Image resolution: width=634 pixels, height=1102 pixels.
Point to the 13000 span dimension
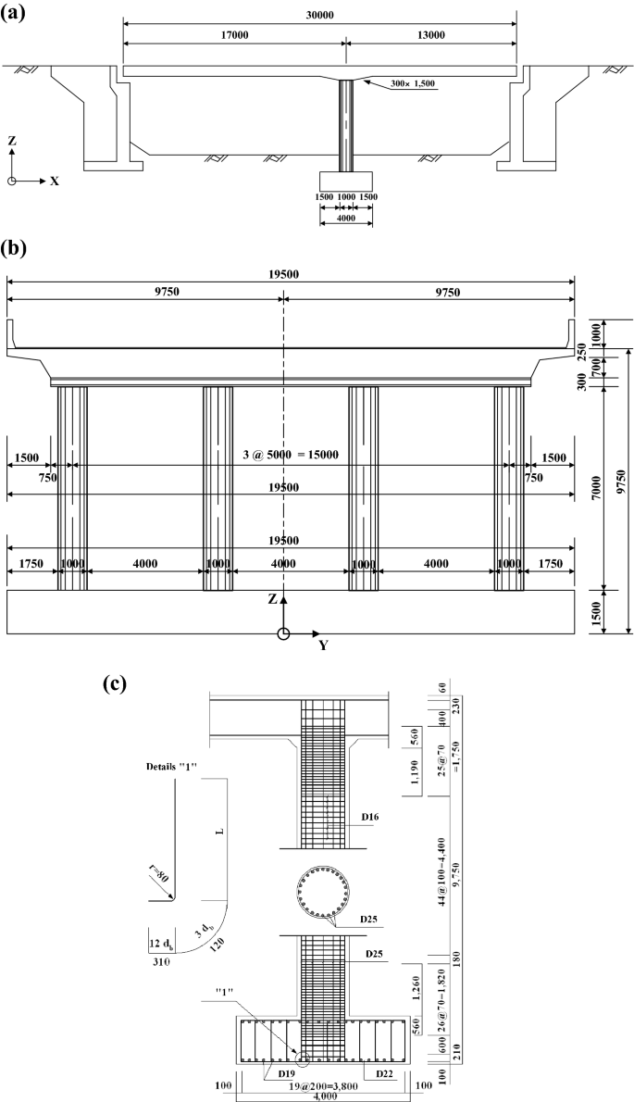[430, 33]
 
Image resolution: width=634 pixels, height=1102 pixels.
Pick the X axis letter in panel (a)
[55, 182]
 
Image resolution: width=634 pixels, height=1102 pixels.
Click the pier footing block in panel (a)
[346, 181]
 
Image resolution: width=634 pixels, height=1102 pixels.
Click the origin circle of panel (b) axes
[284, 633]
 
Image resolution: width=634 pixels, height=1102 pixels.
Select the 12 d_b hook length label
[162, 943]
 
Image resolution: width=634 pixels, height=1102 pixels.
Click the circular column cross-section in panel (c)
[321, 895]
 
